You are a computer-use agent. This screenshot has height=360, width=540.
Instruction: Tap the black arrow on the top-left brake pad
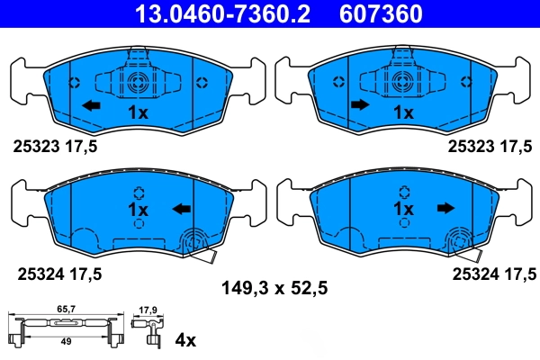click(90, 106)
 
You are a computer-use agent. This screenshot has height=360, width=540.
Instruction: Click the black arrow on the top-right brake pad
click(359, 106)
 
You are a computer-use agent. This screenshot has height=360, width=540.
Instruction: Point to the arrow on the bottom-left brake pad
click(181, 210)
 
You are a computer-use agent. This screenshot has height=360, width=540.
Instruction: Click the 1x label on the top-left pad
click(137, 112)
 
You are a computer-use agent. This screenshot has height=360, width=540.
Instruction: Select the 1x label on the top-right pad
click(403, 112)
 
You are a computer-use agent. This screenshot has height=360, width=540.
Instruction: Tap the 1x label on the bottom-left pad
click(138, 209)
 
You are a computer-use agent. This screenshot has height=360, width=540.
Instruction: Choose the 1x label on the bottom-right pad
click(403, 209)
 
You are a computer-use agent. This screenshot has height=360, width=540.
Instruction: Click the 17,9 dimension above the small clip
click(149, 312)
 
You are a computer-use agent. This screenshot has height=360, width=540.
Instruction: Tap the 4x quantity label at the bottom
click(184, 340)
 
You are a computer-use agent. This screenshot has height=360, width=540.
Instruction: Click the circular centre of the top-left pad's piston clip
click(137, 84)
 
